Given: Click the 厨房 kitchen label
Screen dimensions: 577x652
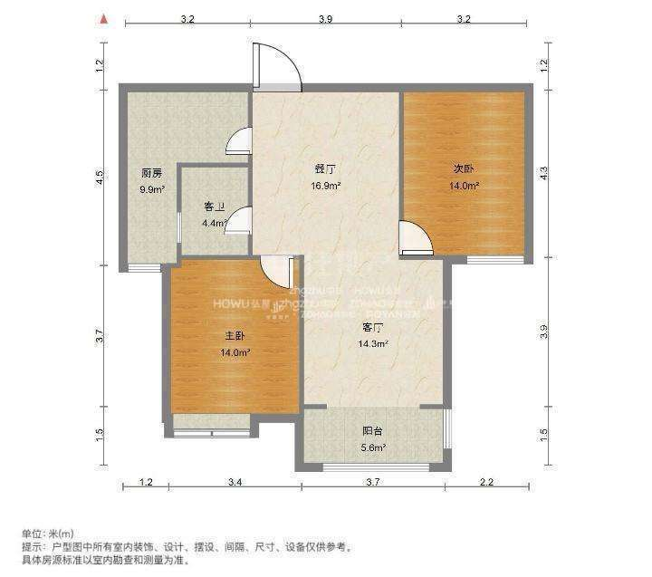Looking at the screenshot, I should [x=151, y=173].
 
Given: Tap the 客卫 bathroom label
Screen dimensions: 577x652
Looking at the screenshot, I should [x=214, y=207].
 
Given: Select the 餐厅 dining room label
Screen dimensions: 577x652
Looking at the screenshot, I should [x=326, y=168].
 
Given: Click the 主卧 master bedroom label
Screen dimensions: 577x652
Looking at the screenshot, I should [x=235, y=336].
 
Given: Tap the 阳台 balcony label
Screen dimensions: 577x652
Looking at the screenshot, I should [x=373, y=431].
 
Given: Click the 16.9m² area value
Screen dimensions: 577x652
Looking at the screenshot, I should [x=326, y=186].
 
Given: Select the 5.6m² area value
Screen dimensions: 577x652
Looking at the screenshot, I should [x=373, y=447].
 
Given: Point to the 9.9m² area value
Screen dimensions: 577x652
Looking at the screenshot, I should [x=151, y=189].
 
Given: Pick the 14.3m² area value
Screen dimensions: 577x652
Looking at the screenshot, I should [x=373, y=343].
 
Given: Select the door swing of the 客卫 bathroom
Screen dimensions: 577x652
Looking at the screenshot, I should [x=240, y=221].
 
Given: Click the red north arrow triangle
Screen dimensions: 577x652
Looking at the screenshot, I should [x=105, y=17].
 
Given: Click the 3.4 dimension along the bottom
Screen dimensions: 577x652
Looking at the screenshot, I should [x=235, y=482].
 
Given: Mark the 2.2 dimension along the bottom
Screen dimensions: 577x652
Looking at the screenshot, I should [x=486, y=482].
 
